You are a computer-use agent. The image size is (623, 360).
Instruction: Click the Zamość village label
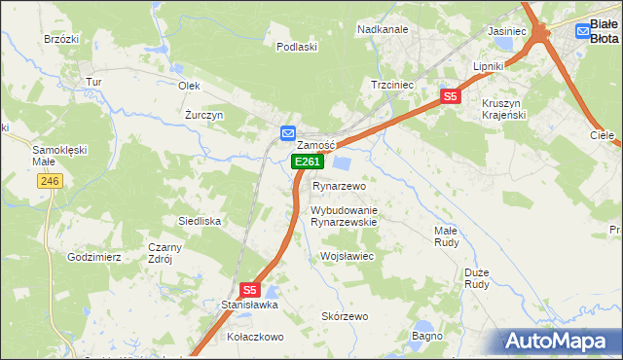tap(315, 145)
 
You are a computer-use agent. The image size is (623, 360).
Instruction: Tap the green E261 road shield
tap(306, 162)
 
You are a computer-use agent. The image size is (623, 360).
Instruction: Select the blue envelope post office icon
tap(287, 132)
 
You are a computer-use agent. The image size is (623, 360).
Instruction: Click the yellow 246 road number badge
tap(51, 181)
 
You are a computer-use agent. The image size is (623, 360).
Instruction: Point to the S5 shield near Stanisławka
tap(249, 290)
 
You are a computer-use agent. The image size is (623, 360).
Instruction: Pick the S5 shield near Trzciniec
tap(450, 96)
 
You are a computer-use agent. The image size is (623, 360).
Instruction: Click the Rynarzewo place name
tap(338, 186)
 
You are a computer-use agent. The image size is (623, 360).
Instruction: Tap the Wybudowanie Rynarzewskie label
tap(344, 216)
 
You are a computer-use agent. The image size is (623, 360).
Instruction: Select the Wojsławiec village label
tap(347, 256)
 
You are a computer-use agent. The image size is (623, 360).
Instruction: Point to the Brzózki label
tap(60, 40)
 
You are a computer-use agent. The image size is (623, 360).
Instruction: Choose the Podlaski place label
tap(297, 47)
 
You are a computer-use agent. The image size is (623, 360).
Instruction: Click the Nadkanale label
tap(383, 29)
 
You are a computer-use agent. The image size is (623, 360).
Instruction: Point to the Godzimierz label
tap(94, 257)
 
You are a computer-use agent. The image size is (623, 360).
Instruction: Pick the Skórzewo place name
tap(345, 317)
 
